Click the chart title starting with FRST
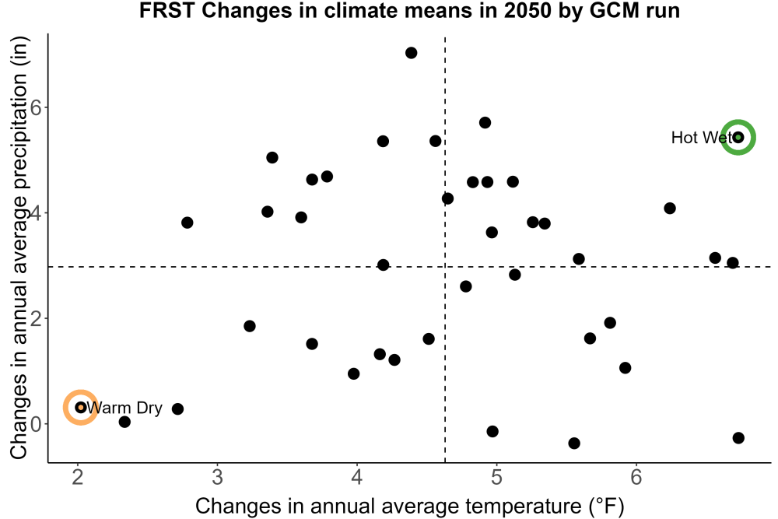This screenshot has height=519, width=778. tap(409, 11)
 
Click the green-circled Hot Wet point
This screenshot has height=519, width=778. tap(738, 138)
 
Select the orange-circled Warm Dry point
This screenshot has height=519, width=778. tap(81, 408)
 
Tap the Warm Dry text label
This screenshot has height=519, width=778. tap(124, 408)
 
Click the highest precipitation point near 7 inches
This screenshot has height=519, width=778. tap(412, 53)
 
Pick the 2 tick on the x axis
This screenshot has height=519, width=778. tap(78, 477)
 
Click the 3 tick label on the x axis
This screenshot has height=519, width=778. tap(217, 477)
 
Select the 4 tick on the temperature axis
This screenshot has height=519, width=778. tap(357, 477)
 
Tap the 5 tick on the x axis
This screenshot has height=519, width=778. tap(496, 477)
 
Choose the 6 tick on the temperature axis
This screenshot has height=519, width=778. tap(636, 477)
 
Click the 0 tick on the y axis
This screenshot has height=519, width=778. tap(36, 424)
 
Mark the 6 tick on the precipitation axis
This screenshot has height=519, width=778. tap(36, 107)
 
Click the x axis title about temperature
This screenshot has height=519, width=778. tap(409, 506)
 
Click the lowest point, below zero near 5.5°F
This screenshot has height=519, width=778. tap(574, 443)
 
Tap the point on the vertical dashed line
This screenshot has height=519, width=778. tap(447, 198)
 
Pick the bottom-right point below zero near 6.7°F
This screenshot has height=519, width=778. tap(738, 437)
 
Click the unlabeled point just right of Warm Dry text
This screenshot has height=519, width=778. tap(177, 409)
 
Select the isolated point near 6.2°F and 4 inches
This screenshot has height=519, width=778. tap(670, 209)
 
